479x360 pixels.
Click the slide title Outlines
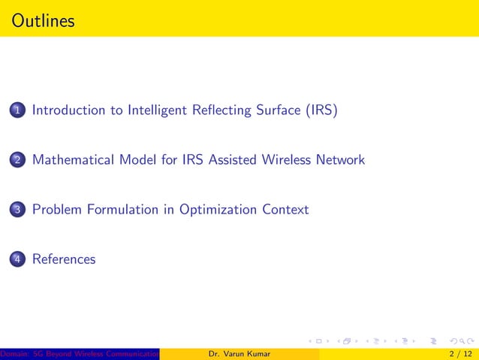[x=44, y=20]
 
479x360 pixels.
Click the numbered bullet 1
[x=17, y=111]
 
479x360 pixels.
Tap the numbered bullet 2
[x=17, y=161]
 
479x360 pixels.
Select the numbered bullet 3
[x=17, y=210]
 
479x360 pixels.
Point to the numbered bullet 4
[x=17, y=260]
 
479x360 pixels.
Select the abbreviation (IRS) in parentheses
[x=321, y=110]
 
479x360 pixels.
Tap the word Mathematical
[x=74, y=160]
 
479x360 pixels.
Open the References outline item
[x=64, y=259]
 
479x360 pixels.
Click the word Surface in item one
[x=276, y=110]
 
